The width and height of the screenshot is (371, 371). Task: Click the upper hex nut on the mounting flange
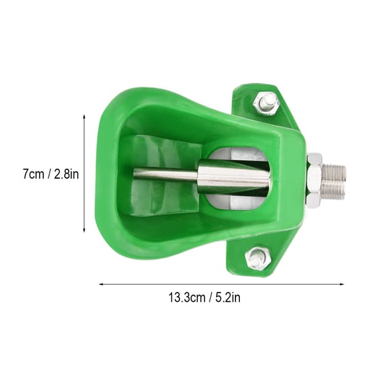click(265, 104)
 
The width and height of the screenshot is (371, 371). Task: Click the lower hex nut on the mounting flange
click(258, 258)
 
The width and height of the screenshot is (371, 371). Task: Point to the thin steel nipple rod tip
click(135, 174)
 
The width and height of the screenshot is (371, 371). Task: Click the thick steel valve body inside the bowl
click(234, 176)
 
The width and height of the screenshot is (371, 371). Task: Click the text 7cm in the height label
click(33, 174)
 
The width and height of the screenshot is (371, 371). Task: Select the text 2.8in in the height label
click(67, 174)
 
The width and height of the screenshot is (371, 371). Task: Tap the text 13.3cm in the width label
click(187, 297)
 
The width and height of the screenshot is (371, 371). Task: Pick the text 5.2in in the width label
click(228, 297)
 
